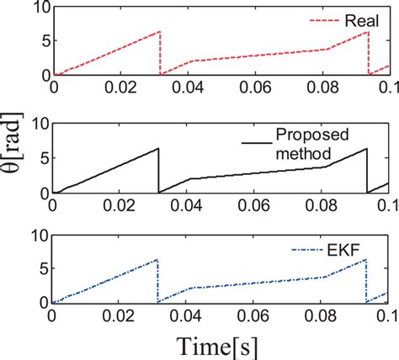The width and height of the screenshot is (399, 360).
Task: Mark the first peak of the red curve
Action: (158, 32)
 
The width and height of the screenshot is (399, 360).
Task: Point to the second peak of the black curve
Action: (366, 149)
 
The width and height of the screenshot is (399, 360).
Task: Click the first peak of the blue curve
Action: (157, 260)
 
